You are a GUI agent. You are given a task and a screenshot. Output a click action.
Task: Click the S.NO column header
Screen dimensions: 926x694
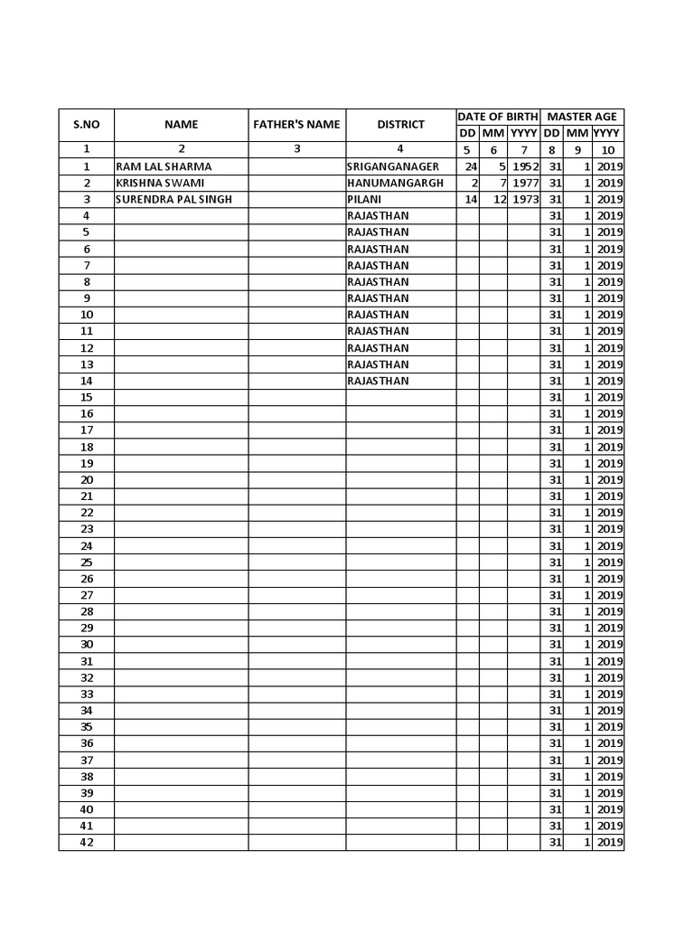tap(86, 125)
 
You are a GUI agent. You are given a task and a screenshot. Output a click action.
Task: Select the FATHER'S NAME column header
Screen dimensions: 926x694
tap(296, 125)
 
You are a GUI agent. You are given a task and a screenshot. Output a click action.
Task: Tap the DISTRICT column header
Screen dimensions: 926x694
tap(400, 125)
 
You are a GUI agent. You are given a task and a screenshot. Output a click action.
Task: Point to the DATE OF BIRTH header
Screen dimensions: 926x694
tap(498, 117)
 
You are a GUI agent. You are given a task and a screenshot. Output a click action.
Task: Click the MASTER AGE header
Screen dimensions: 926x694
tap(582, 117)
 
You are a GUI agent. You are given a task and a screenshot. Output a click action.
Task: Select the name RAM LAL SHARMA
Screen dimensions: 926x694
tap(164, 166)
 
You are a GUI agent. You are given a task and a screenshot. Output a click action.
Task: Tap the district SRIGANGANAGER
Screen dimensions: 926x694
tap(393, 166)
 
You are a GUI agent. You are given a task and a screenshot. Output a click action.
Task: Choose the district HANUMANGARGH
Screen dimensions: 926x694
tap(396, 183)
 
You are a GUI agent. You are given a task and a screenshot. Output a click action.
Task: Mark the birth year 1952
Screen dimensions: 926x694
tap(524, 166)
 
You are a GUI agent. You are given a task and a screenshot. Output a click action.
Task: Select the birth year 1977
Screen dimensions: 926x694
tap(524, 183)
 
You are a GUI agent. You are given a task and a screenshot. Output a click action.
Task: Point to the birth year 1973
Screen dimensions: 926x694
tap(524, 199)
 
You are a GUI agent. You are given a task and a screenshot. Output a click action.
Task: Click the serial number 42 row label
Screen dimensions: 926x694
tap(87, 842)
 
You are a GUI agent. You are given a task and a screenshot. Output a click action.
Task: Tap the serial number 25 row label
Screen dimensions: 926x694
tap(87, 562)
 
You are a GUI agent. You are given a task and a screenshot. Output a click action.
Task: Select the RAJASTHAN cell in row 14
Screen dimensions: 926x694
tap(378, 381)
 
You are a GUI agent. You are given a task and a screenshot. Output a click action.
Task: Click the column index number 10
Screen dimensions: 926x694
tap(608, 150)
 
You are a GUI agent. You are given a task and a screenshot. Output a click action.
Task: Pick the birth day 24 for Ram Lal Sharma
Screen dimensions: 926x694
tap(470, 166)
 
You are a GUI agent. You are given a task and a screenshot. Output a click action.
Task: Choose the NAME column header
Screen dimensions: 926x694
tap(181, 125)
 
